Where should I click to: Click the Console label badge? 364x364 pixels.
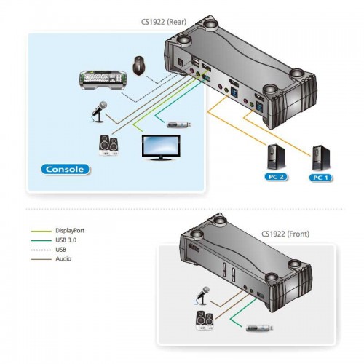click(x=66, y=170)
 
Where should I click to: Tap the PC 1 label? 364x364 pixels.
click(x=320, y=178)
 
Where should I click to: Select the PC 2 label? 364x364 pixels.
click(x=276, y=177)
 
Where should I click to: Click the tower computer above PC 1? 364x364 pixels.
click(x=321, y=158)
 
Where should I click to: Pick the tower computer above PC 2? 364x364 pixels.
click(x=276, y=157)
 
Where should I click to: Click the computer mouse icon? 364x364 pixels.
click(x=139, y=66)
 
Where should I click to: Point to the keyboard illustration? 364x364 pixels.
click(x=103, y=80)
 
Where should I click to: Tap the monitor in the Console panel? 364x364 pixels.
click(x=161, y=148)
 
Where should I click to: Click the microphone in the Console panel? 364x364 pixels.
click(x=99, y=111)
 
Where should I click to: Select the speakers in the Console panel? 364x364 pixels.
click(x=108, y=146)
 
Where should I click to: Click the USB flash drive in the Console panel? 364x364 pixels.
click(x=180, y=125)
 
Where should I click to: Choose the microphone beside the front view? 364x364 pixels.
click(x=202, y=296)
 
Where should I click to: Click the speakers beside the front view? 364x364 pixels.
click(x=205, y=320)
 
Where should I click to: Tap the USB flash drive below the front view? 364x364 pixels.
click(x=259, y=328)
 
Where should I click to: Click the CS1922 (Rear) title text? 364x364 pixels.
click(x=164, y=22)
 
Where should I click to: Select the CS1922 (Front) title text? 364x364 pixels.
click(x=285, y=234)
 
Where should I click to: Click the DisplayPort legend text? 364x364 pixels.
click(x=70, y=231)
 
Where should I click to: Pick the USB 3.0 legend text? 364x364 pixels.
click(x=66, y=240)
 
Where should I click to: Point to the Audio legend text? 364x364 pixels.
click(x=63, y=258)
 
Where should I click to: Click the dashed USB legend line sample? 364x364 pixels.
click(x=41, y=250)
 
